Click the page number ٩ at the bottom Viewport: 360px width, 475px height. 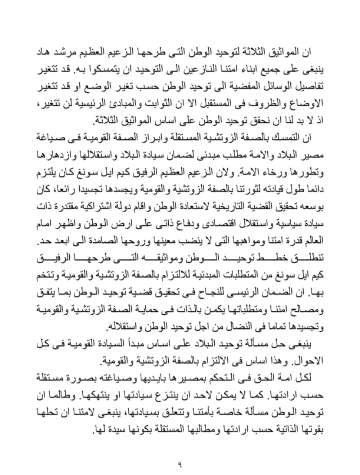pos(180,464)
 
